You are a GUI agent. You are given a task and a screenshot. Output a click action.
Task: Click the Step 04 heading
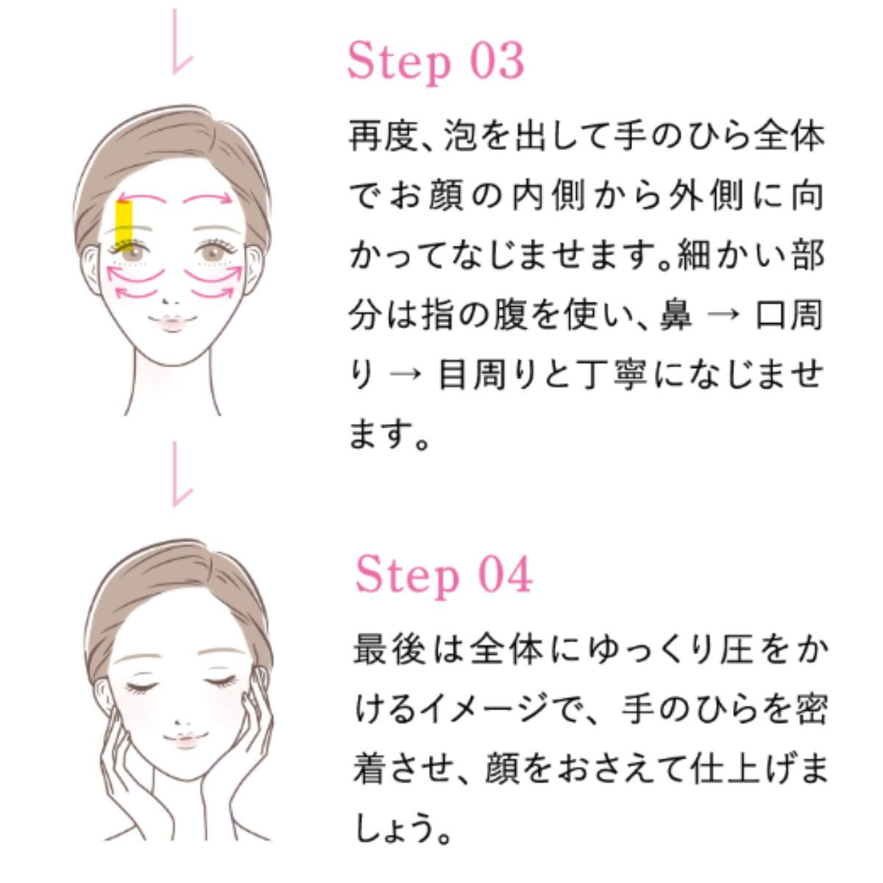click(x=444, y=575)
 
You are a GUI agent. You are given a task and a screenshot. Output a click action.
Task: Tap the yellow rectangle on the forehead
click(x=124, y=224)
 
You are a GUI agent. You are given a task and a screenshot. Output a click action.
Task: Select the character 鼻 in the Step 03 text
click(x=675, y=316)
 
